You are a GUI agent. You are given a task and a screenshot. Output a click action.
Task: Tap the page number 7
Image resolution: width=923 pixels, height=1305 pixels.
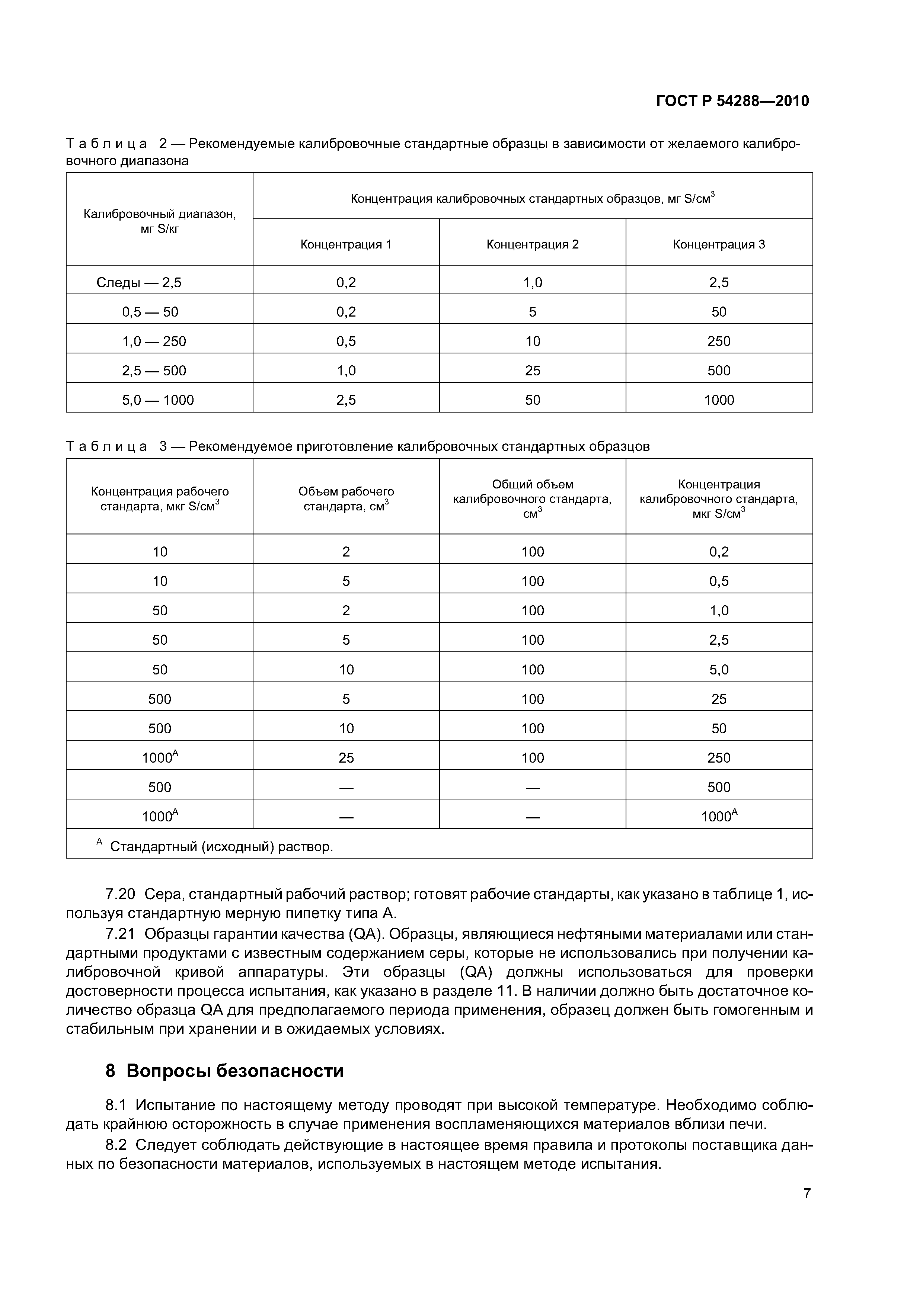point(807,1193)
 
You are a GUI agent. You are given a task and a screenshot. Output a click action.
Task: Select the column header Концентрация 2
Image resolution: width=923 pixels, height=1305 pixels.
point(532,244)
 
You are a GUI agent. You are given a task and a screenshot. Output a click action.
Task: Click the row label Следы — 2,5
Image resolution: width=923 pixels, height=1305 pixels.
point(139,282)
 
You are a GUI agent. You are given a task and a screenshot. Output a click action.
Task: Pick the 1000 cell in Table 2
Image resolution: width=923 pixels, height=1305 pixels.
point(719,400)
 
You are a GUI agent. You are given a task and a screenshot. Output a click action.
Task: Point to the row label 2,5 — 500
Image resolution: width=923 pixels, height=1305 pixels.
point(154,371)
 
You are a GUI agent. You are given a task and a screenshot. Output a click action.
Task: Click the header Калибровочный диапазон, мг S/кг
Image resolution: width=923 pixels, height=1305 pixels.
point(159,221)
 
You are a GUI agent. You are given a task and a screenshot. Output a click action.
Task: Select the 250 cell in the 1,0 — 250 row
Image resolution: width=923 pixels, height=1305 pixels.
point(719,341)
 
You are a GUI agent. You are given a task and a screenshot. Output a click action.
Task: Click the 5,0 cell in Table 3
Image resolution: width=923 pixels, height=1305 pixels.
point(719,670)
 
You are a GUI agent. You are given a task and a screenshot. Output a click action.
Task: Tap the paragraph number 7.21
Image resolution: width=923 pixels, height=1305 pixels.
point(120,934)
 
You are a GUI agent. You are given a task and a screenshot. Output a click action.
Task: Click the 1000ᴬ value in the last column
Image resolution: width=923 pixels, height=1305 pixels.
point(719,817)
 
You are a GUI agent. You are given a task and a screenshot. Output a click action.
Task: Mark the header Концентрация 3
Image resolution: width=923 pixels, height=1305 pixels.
point(719,244)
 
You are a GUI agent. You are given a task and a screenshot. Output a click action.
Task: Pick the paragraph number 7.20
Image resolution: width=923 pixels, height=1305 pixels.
point(120,894)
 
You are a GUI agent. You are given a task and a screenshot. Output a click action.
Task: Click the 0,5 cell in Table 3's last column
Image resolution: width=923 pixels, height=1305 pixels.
point(719,581)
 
